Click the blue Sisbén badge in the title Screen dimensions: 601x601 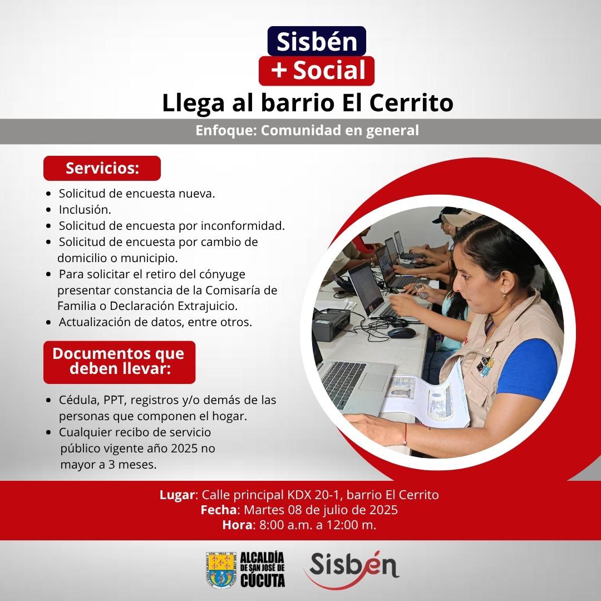[317, 41]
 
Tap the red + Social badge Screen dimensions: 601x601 [317, 71]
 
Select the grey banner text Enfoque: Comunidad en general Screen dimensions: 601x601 [307, 130]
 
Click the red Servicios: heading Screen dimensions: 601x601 [102, 168]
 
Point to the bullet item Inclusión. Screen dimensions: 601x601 [85, 210]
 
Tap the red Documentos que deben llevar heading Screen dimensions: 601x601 [119, 362]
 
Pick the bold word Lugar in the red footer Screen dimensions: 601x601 [177, 495]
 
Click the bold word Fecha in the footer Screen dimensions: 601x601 [219, 510]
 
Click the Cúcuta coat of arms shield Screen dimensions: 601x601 [221, 570]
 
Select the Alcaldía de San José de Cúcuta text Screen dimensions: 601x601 [263, 570]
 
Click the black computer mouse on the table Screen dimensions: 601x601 [401, 332]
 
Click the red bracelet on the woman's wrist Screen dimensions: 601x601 [405, 434]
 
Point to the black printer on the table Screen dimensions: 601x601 [331, 323]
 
